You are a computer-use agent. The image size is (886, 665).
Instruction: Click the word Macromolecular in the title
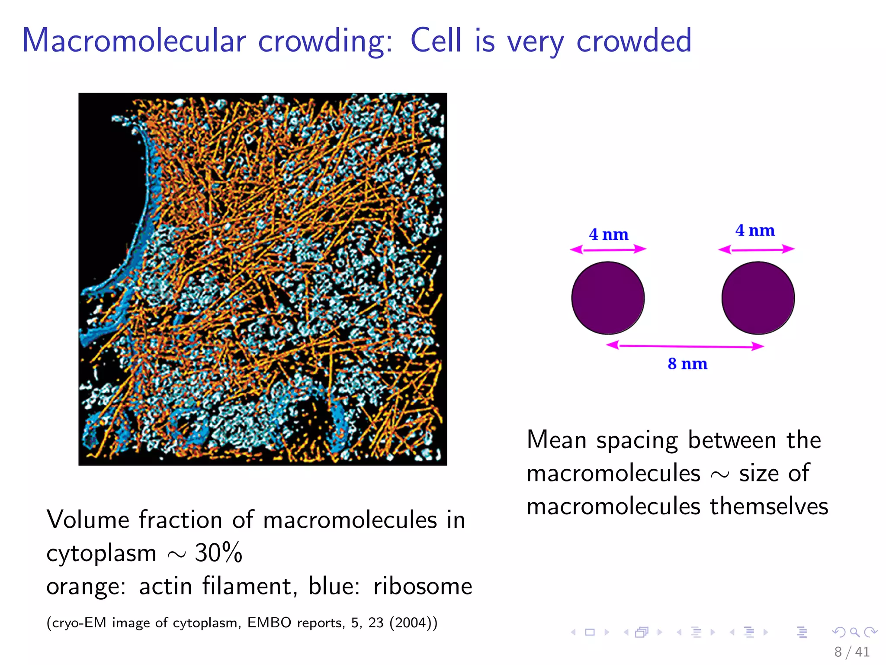[134, 40]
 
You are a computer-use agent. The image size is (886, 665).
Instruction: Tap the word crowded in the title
[634, 40]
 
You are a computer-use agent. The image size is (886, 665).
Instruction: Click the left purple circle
[608, 298]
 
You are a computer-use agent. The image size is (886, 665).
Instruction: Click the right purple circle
[758, 298]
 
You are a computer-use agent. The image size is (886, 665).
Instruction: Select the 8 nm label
[687, 364]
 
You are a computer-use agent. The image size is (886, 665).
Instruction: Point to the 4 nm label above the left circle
[608, 235]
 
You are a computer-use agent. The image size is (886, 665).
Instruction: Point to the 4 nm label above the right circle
[755, 230]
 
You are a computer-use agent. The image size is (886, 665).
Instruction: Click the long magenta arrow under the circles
[685, 346]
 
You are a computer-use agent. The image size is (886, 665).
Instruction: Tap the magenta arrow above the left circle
[608, 249]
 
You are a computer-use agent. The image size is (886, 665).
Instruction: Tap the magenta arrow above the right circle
[756, 249]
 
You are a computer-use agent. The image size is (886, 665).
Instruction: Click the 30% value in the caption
[218, 553]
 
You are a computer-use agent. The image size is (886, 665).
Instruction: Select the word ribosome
[423, 586]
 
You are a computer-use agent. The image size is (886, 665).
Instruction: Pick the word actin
[165, 586]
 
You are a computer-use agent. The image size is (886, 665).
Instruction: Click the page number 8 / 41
[851, 652]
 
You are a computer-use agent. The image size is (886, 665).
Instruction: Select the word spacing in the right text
[636, 441]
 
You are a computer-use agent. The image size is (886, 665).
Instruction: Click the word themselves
[769, 506]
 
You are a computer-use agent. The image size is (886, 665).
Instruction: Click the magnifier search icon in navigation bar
[854, 632]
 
